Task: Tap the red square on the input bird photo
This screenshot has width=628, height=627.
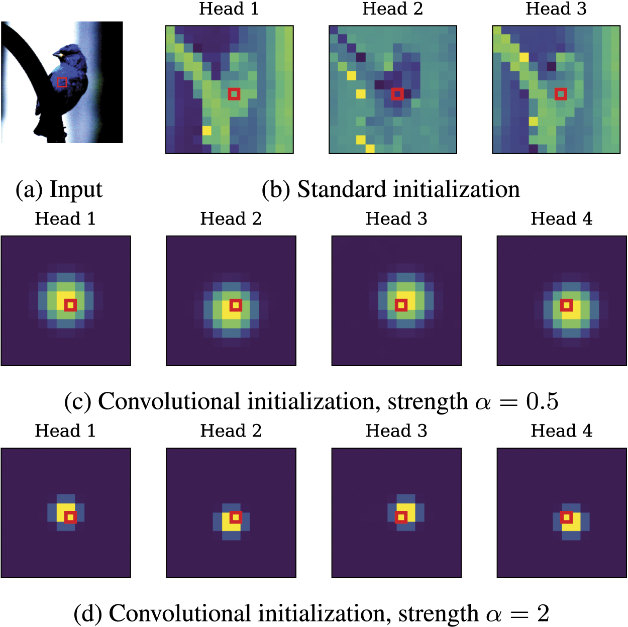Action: coord(62,82)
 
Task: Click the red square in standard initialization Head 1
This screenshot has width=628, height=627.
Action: coord(234,94)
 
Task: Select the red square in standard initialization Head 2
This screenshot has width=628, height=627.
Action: coord(397,94)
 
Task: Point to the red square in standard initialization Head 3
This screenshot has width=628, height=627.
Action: coord(561,94)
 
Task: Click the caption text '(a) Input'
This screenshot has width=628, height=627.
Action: coord(59,190)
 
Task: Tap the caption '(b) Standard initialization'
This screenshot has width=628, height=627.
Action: coord(390,190)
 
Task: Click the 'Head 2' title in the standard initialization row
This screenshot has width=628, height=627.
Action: coord(392,9)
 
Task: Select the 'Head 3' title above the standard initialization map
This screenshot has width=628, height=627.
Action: coord(556,9)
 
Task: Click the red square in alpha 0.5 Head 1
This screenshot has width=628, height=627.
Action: coord(70,305)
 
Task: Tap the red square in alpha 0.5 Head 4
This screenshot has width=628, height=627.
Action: coord(566,305)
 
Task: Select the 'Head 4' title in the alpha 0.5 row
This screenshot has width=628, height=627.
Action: coord(561,219)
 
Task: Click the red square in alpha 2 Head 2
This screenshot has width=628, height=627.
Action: coord(236,517)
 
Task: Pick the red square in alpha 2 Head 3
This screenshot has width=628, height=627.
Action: coord(401,517)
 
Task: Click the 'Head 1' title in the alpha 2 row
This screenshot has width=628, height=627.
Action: coord(65,431)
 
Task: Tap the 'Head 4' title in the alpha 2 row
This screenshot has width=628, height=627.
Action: coord(561,431)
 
